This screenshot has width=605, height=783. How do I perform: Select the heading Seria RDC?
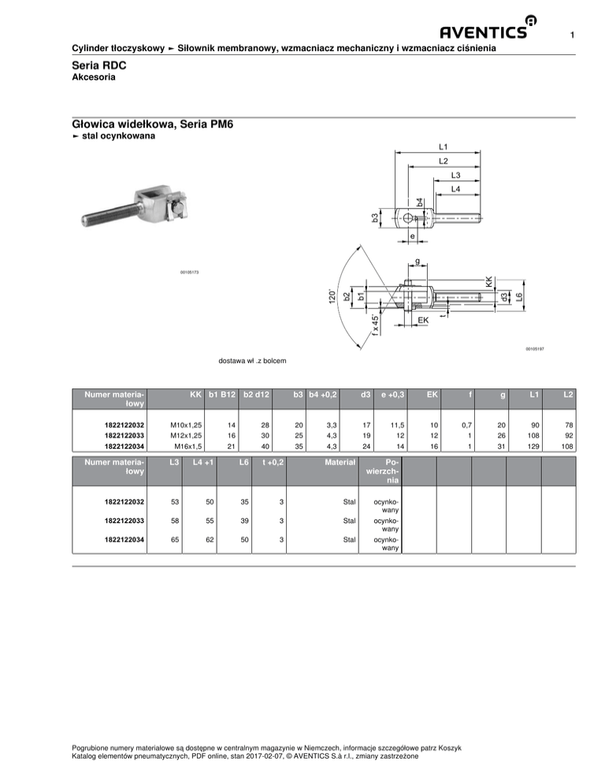click(99, 65)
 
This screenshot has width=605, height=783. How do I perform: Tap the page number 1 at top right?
click(572, 35)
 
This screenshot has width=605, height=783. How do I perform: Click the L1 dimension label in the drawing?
click(444, 147)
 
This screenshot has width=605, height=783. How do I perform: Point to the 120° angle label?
click(330, 296)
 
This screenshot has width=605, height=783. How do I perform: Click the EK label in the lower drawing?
click(423, 320)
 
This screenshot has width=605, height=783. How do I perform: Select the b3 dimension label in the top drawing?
click(375, 217)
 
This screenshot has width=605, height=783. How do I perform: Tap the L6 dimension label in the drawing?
click(519, 296)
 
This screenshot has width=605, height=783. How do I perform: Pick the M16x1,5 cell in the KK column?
click(187, 447)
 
